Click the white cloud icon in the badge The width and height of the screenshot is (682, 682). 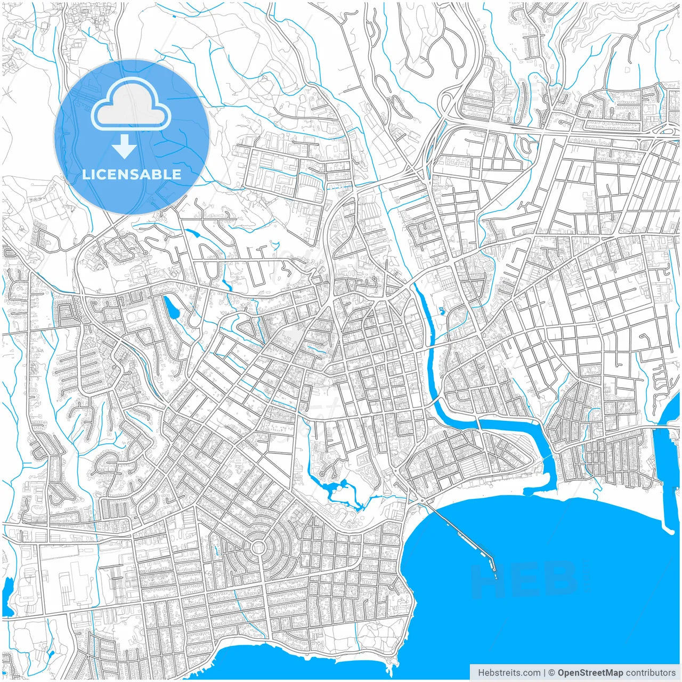click(131, 107)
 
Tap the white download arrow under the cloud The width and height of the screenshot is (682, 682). click(125, 147)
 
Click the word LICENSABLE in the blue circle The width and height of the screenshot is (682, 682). click(132, 174)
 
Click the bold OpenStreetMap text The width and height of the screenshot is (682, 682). click(590, 673)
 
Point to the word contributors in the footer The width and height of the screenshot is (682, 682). click(651, 673)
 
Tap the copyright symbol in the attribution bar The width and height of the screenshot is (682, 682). click(551, 673)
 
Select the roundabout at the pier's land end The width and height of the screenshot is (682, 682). click(423, 501)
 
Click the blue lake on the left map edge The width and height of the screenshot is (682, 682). click(7, 589)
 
